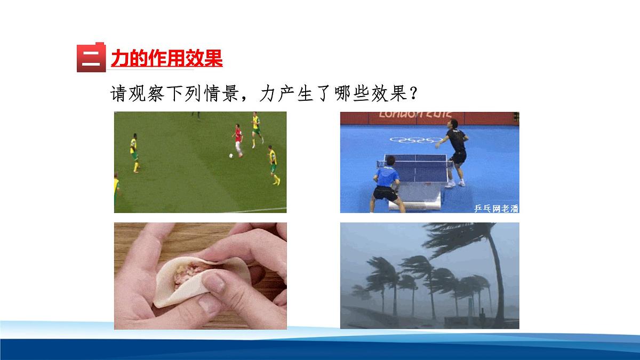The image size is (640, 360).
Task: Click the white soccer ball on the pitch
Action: (231, 155)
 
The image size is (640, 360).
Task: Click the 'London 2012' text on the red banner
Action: (415, 114)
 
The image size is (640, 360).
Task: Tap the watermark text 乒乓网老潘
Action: (495, 208)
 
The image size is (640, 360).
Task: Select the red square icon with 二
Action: (91, 57)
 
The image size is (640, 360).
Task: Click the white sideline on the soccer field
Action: (256, 209)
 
